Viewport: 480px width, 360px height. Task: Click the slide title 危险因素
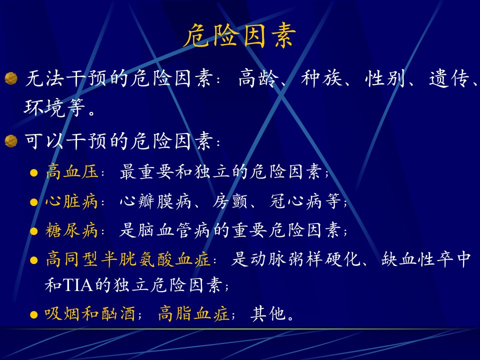239,35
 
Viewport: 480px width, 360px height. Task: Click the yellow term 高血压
72,171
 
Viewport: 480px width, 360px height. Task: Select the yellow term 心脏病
71,201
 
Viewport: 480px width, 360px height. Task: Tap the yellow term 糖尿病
71,230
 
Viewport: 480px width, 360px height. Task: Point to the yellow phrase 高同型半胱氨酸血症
128,259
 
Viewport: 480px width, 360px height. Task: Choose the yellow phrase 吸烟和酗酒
90,314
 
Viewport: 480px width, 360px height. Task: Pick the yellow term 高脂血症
193,314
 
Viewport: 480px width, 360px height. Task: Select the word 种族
321,78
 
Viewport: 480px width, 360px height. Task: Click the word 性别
385,78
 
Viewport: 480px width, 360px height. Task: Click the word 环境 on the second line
44,107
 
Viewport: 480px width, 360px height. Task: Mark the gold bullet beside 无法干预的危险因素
11,78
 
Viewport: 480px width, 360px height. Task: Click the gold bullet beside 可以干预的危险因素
11,141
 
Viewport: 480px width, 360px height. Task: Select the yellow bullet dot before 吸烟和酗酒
33,315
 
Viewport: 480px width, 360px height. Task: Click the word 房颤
230,201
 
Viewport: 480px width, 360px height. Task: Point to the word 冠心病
296,201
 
